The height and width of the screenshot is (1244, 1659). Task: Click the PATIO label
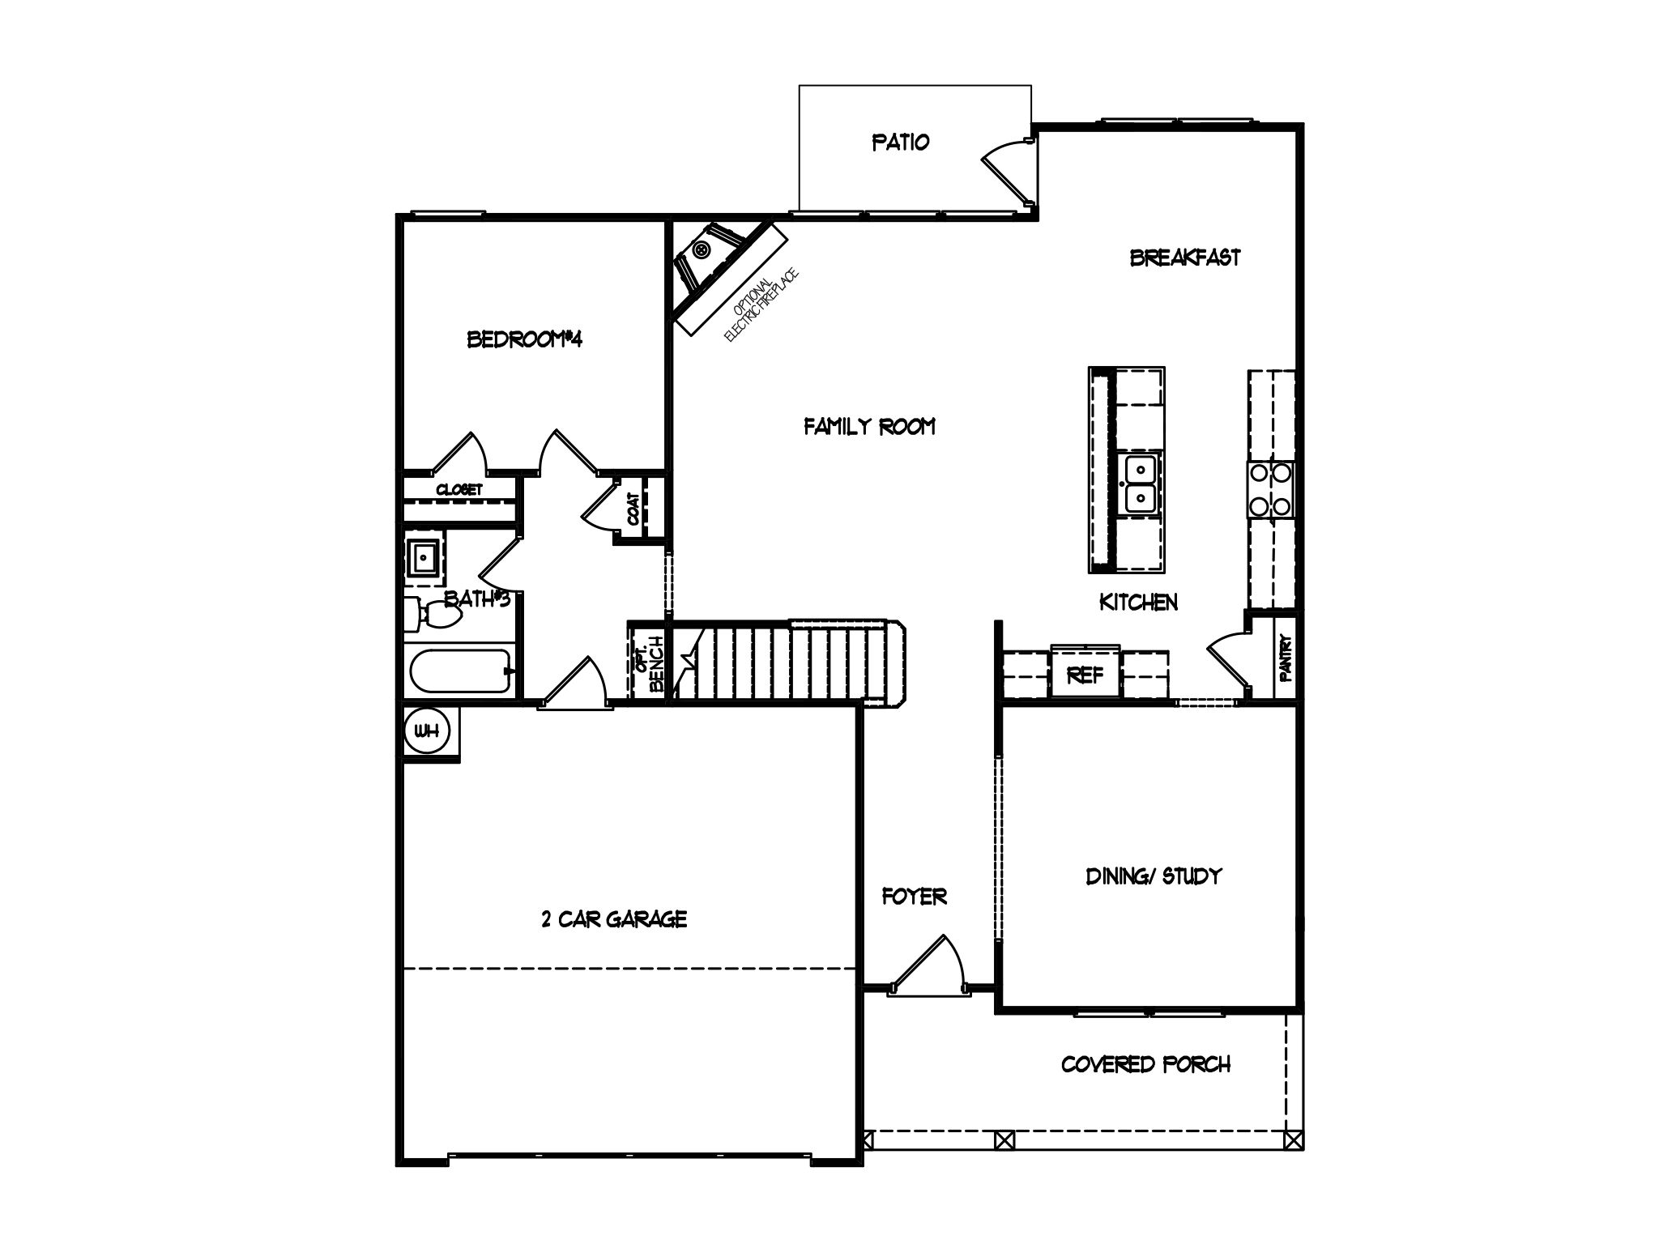(x=900, y=143)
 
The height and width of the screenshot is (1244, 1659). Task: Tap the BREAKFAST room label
(x=1184, y=258)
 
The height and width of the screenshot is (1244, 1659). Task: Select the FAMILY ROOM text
(x=869, y=426)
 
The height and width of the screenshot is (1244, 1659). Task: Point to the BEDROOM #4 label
(x=525, y=339)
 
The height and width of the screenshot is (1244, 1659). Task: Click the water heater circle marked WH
(x=426, y=731)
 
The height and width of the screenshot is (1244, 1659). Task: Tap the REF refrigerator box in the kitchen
(x=1085, y=674)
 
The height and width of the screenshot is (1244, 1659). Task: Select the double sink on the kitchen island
(x=1141, y=484)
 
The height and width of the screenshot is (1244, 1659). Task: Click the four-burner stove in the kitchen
(x=1270, y=489)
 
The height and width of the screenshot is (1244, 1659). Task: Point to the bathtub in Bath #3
(x=460, y=671)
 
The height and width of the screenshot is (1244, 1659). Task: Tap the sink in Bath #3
(x=424, y=557)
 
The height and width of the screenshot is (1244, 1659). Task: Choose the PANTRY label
(x=1286, y=657)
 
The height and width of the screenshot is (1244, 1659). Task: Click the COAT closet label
(x=633, y=508)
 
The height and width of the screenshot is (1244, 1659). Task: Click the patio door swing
(x=1009, y=168)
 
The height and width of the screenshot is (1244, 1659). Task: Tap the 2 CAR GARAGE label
(x=614, y=919)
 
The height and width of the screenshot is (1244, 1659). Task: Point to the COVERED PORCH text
(x=1145, y=1064)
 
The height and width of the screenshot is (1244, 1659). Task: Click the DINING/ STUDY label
(x=1154, y=876)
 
